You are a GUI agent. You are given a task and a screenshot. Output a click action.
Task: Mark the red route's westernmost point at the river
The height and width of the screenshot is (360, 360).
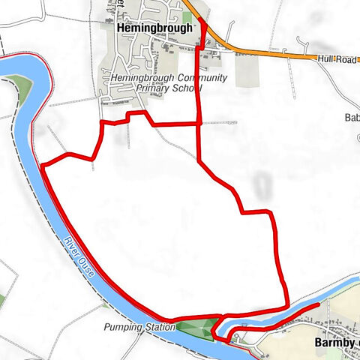tap(42, 163)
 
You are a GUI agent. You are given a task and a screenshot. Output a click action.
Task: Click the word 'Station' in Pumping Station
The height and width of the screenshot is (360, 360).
tap(157, 328)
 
